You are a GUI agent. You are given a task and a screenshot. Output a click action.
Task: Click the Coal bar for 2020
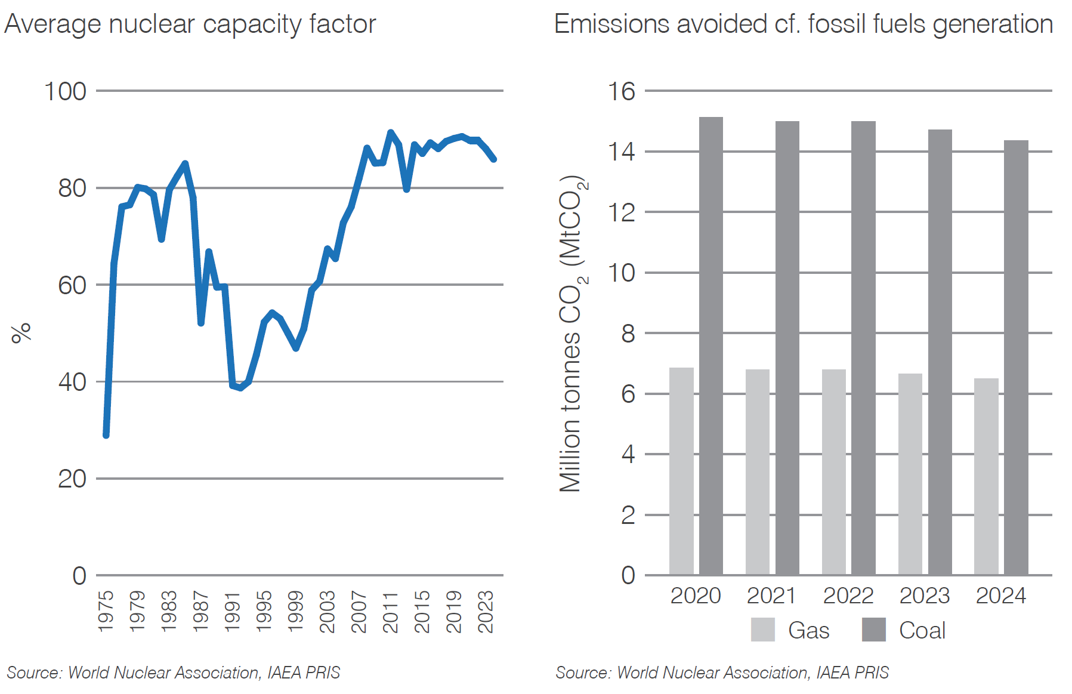click(x=710, y=346)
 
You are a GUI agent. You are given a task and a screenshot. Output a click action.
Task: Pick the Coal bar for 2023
click(x=940, y=352)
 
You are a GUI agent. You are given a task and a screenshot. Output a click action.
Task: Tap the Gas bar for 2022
click(x=833, y=471)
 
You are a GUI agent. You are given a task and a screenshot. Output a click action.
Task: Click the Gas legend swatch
click(x=762, y=630)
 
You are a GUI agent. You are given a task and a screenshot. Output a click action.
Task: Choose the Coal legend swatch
click(x=873, y=630)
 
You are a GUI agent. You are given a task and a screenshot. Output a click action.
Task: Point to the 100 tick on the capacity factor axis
click(x=65, y=91)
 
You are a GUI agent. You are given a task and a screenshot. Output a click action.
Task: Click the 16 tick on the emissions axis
click(x=621, y=91)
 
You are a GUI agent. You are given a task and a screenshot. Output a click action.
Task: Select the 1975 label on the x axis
click(x=106, y=611)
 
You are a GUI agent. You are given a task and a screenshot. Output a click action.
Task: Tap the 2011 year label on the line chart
click(x=390, y=611)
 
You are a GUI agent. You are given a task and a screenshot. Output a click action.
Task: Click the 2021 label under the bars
click(x=771, y=596)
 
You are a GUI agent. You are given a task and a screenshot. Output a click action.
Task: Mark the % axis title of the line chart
click(x=21, y=332)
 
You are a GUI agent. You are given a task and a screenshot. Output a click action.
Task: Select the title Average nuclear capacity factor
click(x=190, y=24)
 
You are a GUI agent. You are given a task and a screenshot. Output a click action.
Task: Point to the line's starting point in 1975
click(x=106, y=435)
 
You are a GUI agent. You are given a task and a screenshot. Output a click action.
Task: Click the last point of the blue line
click(x=494, y=159)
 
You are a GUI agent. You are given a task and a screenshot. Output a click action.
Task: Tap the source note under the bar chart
click(x=722, y=673)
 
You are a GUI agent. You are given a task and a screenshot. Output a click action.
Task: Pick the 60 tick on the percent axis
click(x=72, y=285)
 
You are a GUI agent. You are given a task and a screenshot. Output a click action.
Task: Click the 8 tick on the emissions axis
click(x=628, y=334)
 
